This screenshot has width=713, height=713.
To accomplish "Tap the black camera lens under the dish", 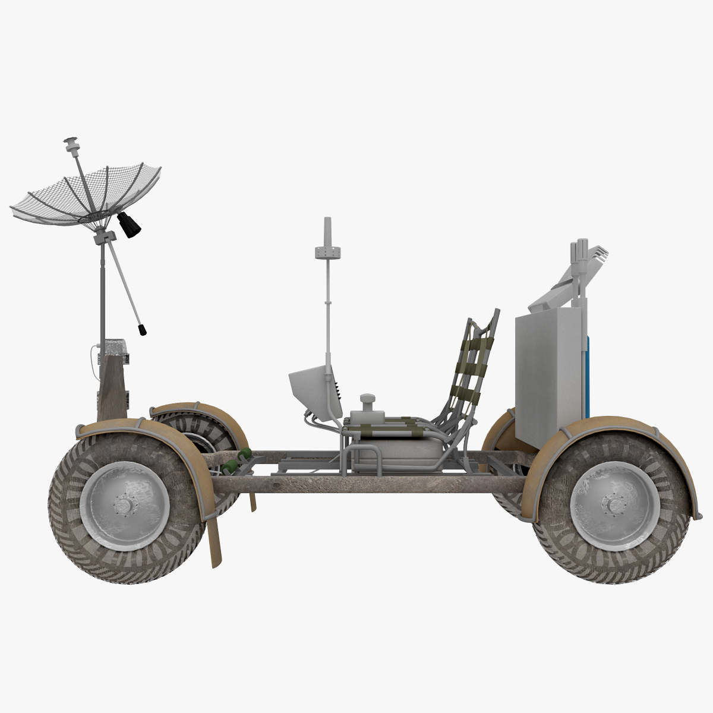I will pos(130,225).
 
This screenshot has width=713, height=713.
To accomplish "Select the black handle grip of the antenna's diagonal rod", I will pos(143,329).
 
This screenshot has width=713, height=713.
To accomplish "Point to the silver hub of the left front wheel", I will pos(124,506).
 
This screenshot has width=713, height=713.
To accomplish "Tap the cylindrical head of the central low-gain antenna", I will pos(327,250).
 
